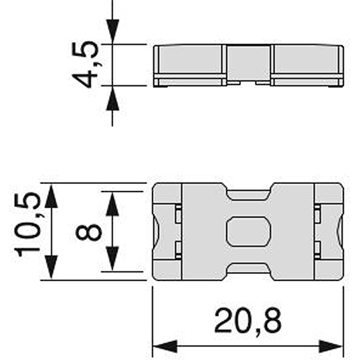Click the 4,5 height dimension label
pyautogui.click(x=88, y=65)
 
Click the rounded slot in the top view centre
pyautogui.click(x=247, y=231)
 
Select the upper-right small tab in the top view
pyautogui.click(x=317, y=214)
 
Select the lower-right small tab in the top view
pyautogui.click(x=317, y=247)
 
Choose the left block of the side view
pyautogui.click(x=189, y=61)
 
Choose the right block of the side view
pyautogui.click(x=307, y=61)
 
